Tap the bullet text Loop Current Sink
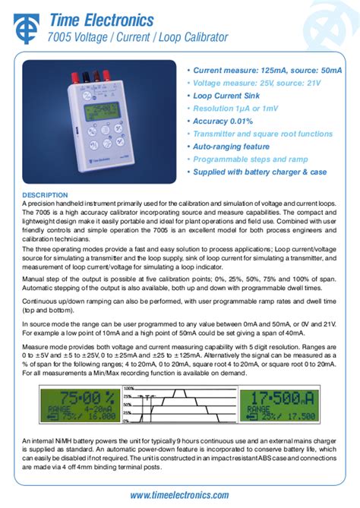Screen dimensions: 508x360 [226, 96]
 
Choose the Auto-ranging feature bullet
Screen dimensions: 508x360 [231, 147]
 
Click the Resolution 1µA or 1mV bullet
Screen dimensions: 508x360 [236, 109]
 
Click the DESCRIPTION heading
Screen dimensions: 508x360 [45, 195]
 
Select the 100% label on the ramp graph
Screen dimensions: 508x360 [128, 388]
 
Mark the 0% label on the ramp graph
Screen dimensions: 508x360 [128, 421]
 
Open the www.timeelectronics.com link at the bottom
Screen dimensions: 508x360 [179, 495]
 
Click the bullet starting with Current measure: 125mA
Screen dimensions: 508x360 [267, 70]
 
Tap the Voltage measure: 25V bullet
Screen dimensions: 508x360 [256, 83]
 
